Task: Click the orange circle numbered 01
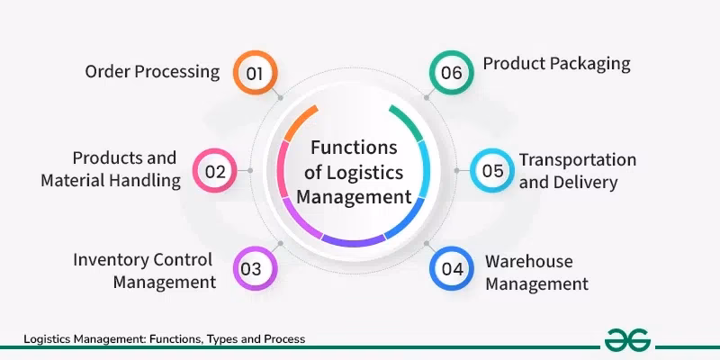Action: point(255,73)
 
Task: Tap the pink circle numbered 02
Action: point(215,170)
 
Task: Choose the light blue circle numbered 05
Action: point(491,170)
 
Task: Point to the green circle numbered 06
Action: point(451,73)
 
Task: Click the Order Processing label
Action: point(152,72)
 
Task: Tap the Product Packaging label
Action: point(556,64)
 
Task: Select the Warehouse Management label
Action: point(536,273)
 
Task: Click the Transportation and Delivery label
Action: point(577,171)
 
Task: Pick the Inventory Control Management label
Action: point(144,271)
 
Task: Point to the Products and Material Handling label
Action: point(111,169)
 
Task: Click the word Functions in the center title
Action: point(354,148)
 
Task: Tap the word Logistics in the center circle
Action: point(368,172)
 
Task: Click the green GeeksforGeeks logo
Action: point(628,339)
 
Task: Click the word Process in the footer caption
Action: point(283,339)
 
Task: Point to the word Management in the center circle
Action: point(354,195)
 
